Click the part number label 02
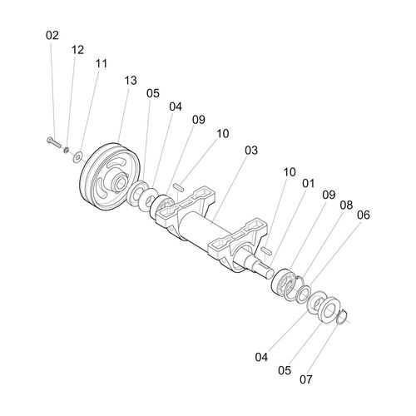tap(52, 36)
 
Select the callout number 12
tap(77, 50)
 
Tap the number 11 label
tap(102, 63)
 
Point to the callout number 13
tap(131, 81)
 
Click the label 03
tap(251, 151)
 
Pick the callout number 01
tap(309, 183)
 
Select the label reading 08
tap(346, 206)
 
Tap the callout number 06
tap(364, 215)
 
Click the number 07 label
tap(306, 379)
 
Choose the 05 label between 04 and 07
tap(285, 370)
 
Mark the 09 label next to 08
tap(329, 195)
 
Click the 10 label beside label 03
tap(223, 134)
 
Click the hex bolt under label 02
tap(54, 142)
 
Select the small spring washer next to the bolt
tap(67, 151)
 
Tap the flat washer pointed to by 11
tap(77, 157)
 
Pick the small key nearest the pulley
tap(178, 186)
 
